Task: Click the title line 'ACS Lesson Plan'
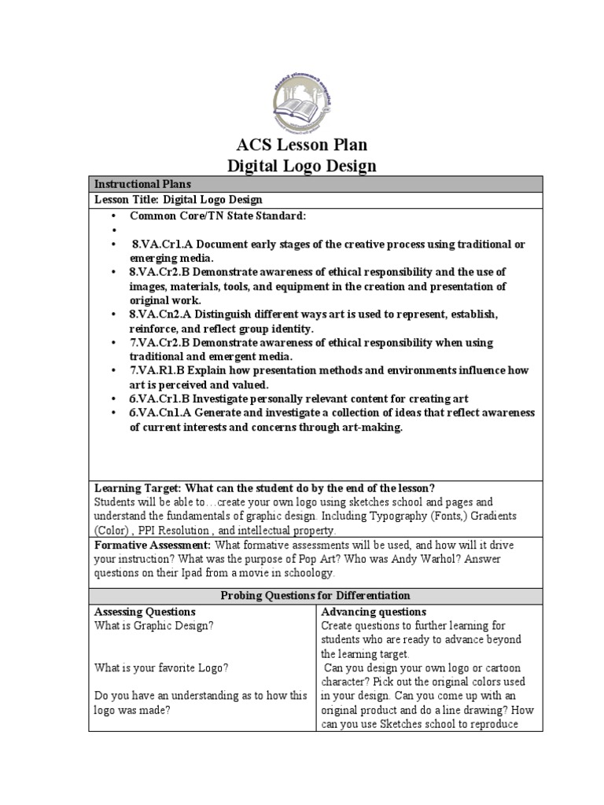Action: [302, 145]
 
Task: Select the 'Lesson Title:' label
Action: [127, 200]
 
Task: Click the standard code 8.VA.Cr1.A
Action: [162, 244]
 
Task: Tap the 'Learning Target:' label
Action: [138, 487]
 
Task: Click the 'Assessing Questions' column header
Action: [145, 612]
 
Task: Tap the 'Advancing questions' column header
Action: [374, 612]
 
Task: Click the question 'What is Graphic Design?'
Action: [153, 626]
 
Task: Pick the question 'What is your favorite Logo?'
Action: [161, 667]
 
